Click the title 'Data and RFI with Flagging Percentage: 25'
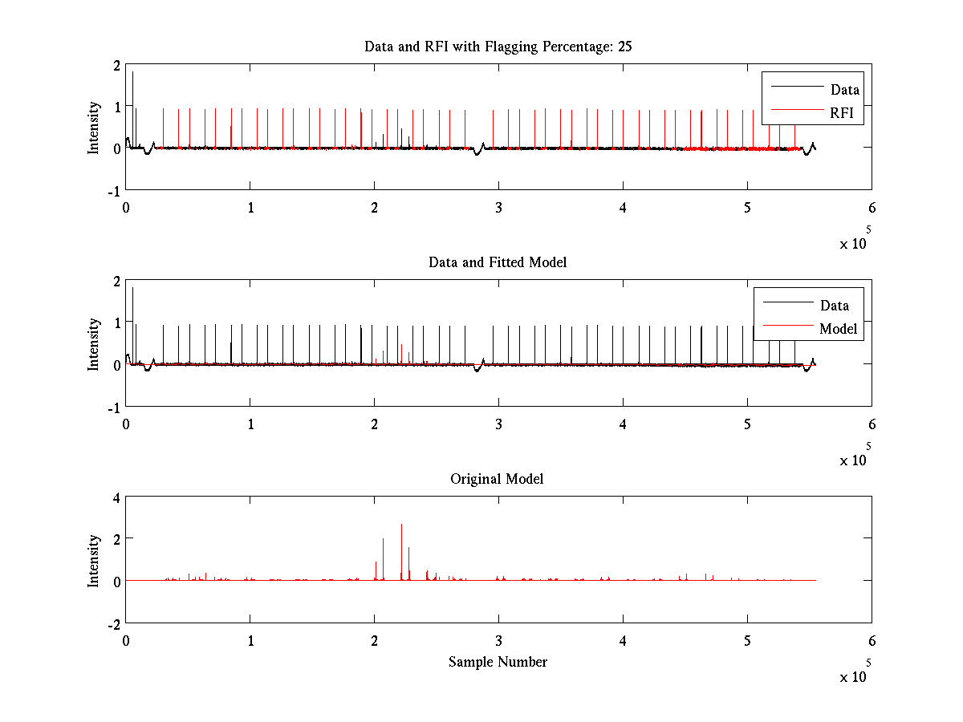(x=498, y=47)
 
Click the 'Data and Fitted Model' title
(x=498, y=262)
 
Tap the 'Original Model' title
(x=497, y=479)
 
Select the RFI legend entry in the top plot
(x=846, y=114)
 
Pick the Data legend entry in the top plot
(x=844, y=90)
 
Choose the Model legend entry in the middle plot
(x=838, y=329)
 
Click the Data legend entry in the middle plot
(x=834, y=306)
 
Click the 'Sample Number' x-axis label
(x=498, y=662)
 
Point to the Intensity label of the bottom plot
(x=95, y=560)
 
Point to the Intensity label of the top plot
(x=95, y=127)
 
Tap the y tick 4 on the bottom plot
(x=116, y=497)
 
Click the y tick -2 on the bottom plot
(x=114, y=623)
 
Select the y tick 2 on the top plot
(x=116, y=65)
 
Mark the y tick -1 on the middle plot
(x=114, y=407)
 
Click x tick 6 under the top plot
(x=872, y=208)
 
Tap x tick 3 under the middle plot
(x=498, y=424)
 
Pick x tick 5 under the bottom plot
(x=747, y=641)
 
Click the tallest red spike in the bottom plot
(x=401, y=526)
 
